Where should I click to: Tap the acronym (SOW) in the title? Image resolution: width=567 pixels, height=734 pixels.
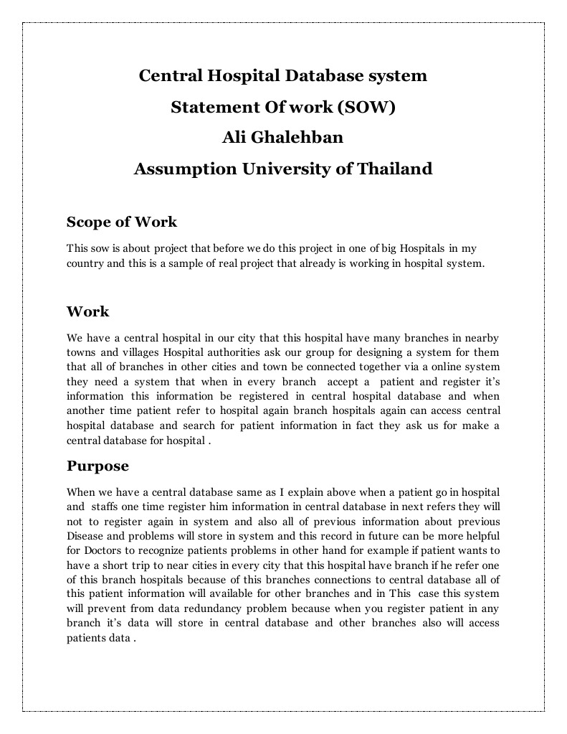(366, 108)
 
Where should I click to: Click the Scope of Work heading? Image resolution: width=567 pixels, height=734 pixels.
(121, 222)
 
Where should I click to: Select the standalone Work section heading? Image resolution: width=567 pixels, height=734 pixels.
(87, 311)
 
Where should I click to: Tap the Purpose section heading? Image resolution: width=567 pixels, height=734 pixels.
(97, 466)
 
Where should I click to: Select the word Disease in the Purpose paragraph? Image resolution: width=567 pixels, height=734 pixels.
(85, 536)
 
